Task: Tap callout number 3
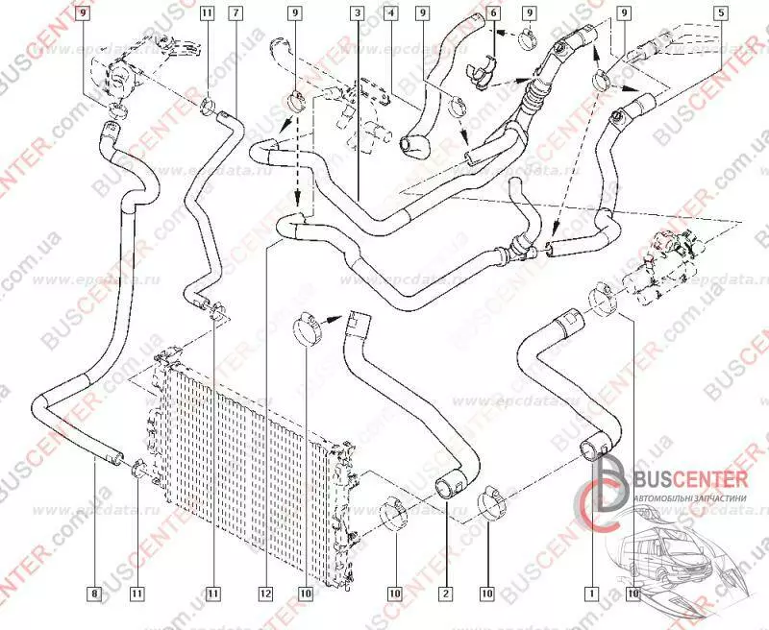pyautogui.click(x=357, y=13)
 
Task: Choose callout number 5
pyautogui.click(x=721, y=13)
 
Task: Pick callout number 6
pyautogui.click(x=493, y=13)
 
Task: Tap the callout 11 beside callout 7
pyautogui.click(x=208, y=13)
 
